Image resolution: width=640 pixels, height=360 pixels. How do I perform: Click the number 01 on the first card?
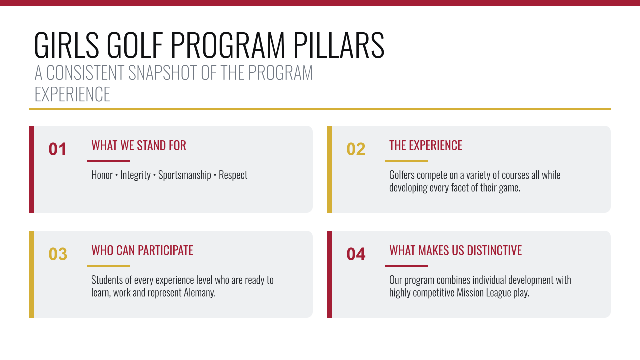pyautogui.click(x=57, y=149)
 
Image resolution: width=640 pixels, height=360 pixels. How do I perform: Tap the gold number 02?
pyautogui.click(x=356, y=149)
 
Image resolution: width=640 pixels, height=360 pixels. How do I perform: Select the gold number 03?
pyautogui.click(x=58, y=254)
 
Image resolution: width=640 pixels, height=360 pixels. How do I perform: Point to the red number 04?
pyautogui.click(x=356, y=254)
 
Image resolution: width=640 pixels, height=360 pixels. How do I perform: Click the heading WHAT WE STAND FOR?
pyautogui.click(x=139, y=145)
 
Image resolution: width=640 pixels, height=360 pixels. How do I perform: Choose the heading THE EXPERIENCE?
pyautogui.click(x=425, y=145)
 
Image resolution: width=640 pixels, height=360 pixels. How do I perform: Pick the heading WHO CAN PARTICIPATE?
pyautogui.click(x=142, y=250)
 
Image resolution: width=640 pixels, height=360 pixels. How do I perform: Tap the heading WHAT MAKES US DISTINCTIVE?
pyautogui.click(x=455, y=250)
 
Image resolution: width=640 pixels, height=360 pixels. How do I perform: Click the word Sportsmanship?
pyautogui.click(x=185, y=175)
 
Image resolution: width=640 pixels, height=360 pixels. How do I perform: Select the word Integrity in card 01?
pyautogui.click(x=135, y=175)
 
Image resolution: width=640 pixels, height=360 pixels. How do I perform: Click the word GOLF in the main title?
pyautogui.click(x=135, y=45)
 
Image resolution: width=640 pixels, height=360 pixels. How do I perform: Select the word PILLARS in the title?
pyautogui.click(x=339, y=45)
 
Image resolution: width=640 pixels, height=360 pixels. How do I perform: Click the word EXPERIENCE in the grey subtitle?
pyautogui.click(x=72, y=94)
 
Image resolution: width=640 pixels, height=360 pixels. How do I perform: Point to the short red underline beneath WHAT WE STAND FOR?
pyautogui.click(x=108, y=161)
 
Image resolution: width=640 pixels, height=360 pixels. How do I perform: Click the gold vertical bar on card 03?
pyautogui.click(x=31, y=274)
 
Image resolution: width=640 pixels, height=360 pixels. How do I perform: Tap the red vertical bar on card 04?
pyautogui.click(x=329, y=274)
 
